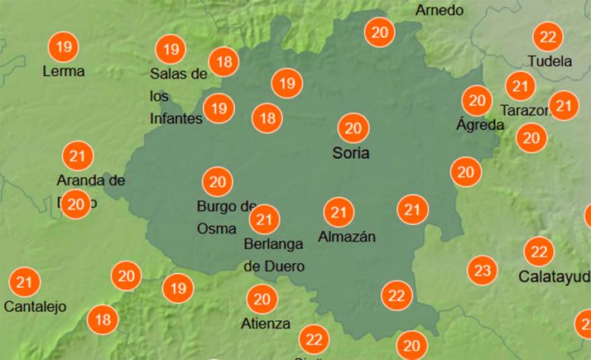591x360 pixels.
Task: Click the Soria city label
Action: click(x=350, y=153)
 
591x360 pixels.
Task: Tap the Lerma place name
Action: click(x=64, y=71)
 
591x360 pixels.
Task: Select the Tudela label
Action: click(x=550, y=61)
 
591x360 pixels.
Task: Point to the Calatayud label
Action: click(x=555, y=275)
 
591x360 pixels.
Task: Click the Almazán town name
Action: click(x=347, y=238)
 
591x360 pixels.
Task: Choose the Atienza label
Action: click(x=266, y=324)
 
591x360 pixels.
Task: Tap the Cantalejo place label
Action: click(x=35, y=306)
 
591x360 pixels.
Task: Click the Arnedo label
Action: click(x=440, y=10)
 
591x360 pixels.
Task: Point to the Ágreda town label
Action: click(x=480, y=125)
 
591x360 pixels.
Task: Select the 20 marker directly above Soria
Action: click(x=353, y=128)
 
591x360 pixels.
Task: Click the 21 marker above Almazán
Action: click(x=338, y=213)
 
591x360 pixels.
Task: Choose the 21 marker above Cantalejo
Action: click(x=25, y=282)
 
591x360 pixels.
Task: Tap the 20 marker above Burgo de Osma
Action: click(x=218, y=181)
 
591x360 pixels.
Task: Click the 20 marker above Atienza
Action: click(x=262, y=299)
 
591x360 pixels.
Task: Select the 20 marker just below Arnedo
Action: click(x=381, y=33)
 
